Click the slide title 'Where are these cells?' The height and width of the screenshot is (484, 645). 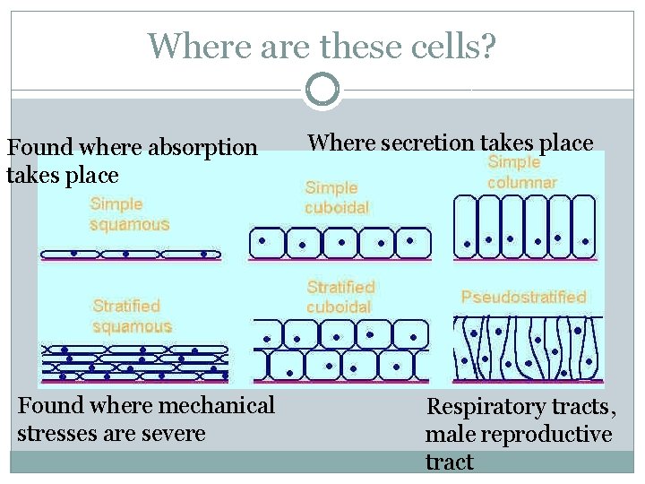click(x=322, y=45)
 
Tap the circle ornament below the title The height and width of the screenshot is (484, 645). click(x=322, y=90)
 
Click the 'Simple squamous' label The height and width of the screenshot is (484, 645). click(x=129, y=214)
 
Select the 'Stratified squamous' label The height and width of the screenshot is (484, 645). click(x=132, y=316)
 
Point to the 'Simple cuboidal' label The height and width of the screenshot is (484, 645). click(x=337, y=197)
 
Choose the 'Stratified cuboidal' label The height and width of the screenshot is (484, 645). click(x=340, y=297)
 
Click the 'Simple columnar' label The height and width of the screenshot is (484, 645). click(x=521, y=172)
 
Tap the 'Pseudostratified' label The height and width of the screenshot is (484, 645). click(x=523, y=297)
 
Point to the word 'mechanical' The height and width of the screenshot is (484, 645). click(x=215, y=405)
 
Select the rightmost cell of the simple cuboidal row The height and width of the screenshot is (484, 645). click(x=412, y=242)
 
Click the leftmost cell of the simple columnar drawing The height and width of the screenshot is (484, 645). click(x=466, y=226)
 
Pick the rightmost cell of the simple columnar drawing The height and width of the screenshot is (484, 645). click(x=585, y=226)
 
